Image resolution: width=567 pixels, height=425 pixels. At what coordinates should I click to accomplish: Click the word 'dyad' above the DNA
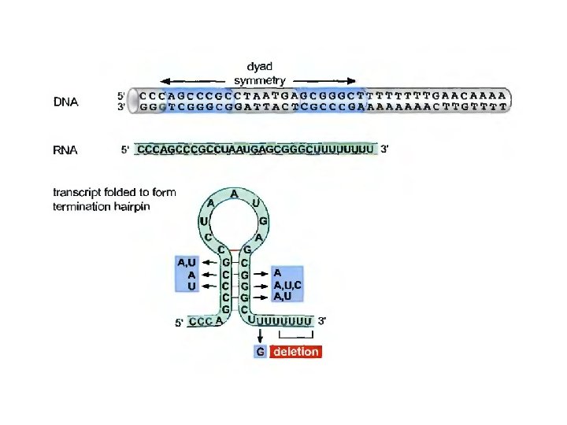tap(260, 67)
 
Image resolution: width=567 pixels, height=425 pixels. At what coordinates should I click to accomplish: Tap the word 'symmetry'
tap(260, 79)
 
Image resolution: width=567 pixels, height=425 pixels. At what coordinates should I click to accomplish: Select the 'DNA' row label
tap(65, 102)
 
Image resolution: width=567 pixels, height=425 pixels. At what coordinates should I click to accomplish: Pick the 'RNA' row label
tap(65, 150)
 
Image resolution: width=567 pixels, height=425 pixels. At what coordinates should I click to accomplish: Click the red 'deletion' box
tap(296, 352)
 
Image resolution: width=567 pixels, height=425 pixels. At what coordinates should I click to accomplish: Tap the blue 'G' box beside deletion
tap(261, 352)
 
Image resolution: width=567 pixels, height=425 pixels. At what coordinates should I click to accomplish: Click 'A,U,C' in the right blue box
tap(287, 285)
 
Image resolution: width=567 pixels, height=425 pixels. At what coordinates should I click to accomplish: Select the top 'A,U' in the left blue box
tap(187, 263)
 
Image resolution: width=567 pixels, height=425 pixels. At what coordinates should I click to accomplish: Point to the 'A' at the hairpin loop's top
tap(234, 193)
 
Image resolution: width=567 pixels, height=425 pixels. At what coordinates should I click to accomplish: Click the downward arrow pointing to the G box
tap(261, 335)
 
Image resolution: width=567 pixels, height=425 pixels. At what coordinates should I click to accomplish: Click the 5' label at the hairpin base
tap(180, 322)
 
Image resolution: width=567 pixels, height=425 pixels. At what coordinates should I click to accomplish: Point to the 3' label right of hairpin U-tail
tap(322, 320)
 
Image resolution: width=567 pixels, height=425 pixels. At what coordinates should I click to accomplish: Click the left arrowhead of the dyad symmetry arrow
tap(164, 80)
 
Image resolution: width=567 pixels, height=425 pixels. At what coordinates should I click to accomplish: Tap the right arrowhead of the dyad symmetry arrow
tap(357, 80)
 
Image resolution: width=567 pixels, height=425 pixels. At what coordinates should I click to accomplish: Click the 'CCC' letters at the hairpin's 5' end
tap(200, 321)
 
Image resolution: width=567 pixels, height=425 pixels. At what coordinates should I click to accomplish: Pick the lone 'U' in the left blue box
tap(191, 286)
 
